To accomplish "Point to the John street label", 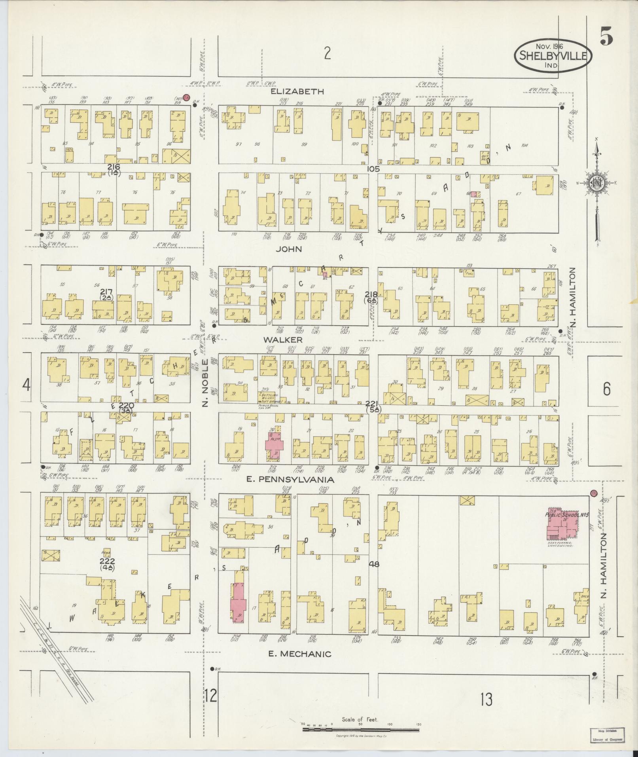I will [289, 249].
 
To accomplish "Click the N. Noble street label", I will [205, 382].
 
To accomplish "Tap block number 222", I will [107, 561].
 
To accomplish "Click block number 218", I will [371, 294].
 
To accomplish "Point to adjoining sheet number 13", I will [487, 700].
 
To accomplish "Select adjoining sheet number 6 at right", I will [606, 389].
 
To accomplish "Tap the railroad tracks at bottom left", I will [59, 649].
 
